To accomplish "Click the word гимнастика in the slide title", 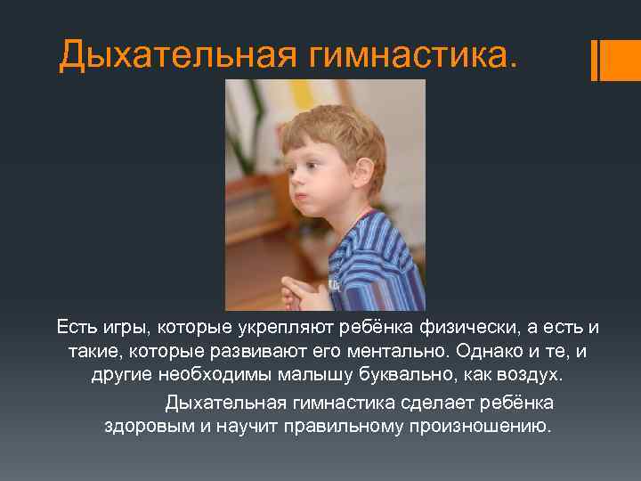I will tap(411, 56).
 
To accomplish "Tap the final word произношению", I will tap(480, 425).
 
